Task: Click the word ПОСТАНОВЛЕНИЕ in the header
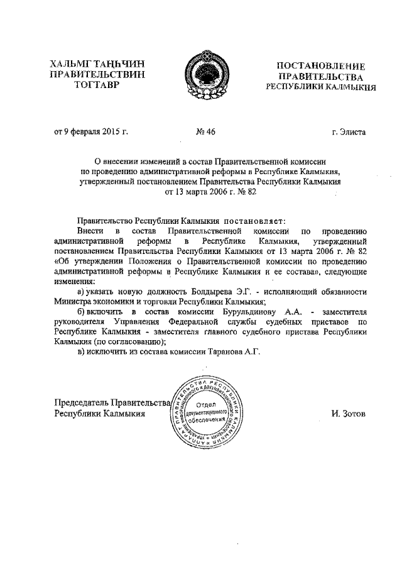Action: click(322, 65)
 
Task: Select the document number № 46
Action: click(206, 131)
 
